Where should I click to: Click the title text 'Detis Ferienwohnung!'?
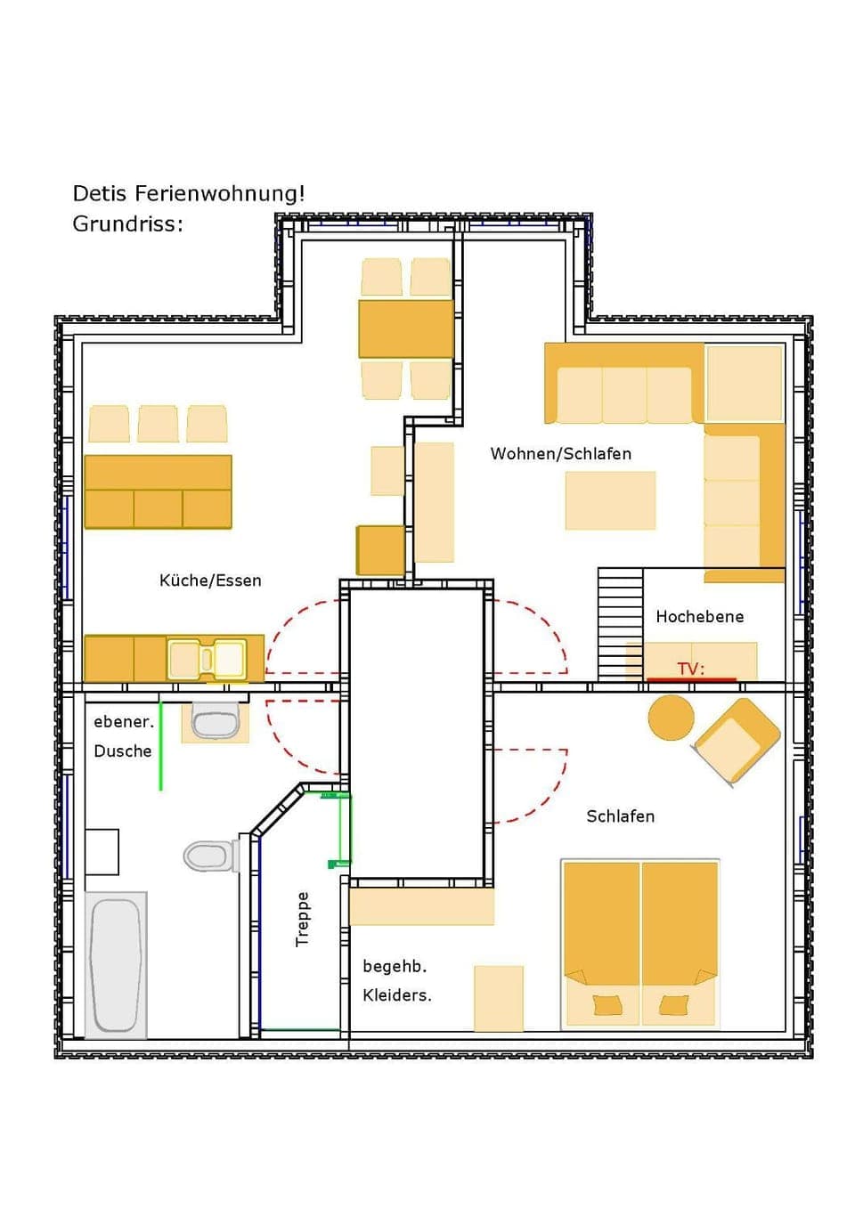188,194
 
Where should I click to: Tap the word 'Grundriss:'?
127,224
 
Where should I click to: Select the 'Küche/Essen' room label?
210,580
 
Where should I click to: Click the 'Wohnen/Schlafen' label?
560,454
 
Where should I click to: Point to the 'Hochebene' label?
699,616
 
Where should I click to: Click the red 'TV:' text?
690,669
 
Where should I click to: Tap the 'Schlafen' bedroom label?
620,816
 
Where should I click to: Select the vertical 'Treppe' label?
303,919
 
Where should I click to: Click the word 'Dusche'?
123,751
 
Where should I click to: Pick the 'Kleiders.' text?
396,995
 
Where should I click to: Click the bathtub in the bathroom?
116,964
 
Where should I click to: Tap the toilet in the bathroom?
208,856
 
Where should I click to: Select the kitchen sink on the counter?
207,660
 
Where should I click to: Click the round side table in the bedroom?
671,717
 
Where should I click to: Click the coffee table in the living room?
610,500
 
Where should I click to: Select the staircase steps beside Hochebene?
620,623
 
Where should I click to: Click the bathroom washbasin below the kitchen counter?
216,722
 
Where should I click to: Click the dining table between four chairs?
405,329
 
